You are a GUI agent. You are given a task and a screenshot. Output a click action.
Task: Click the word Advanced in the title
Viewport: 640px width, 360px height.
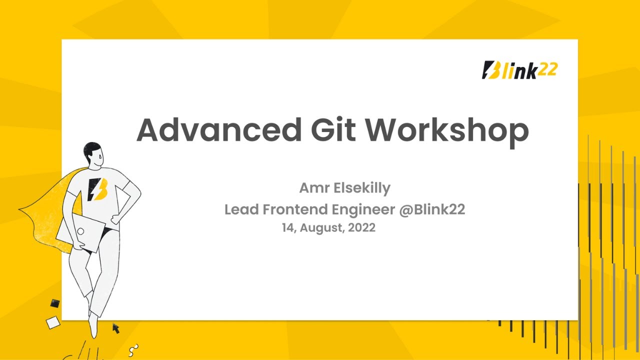coord(219,130)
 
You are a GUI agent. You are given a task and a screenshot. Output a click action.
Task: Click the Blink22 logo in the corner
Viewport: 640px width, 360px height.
coord(519,70)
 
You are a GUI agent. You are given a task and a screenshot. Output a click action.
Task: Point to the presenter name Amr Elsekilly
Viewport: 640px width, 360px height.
coord(344,188)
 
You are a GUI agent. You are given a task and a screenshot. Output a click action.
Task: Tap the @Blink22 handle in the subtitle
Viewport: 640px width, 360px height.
coord(432,209)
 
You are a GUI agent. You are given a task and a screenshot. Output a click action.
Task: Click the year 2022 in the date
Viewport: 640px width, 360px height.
coord(362,228)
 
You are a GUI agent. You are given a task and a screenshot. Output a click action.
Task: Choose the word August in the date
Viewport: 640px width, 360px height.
coord(320,228)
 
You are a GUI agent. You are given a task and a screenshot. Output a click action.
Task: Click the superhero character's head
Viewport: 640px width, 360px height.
coord(93,154)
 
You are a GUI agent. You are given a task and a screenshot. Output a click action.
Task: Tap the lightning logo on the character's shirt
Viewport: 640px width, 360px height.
coord(97,189)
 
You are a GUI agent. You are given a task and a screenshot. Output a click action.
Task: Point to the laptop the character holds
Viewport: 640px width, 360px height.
coord(80,231)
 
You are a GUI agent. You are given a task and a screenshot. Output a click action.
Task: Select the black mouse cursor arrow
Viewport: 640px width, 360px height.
coord(116,328)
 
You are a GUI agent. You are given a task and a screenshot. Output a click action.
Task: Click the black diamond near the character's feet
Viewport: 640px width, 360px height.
coord(54,303)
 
